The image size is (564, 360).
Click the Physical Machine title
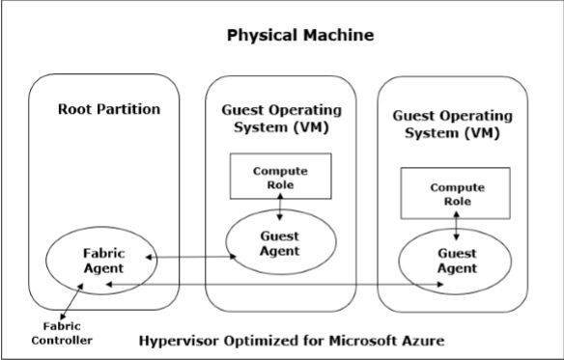tap(300, 36)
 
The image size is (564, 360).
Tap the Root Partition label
tap(109, 109)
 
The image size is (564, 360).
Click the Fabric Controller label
tap(62, 333)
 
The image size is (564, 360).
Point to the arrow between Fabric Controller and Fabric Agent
tap(71, 301)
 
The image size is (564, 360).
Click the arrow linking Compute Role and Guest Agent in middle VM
tap(280, 207)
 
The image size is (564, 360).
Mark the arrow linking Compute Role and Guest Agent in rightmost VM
tap(457, 226)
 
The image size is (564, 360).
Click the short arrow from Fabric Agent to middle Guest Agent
tap(190, 257)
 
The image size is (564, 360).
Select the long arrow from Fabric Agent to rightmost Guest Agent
tap(275, 284)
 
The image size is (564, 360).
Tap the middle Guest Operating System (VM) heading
tap(281, 119)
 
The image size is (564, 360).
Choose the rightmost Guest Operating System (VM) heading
tap(453, 125)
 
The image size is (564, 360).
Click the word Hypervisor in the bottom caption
tap(179, 341)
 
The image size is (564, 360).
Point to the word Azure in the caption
tap(423, 341)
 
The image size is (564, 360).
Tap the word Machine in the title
tap(338, 36)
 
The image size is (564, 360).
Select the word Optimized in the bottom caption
tap(262, 341)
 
